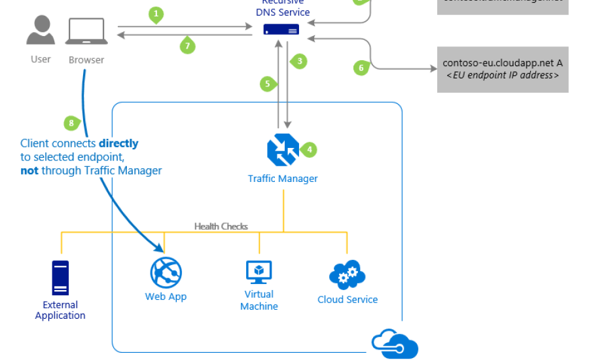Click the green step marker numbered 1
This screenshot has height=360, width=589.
(x=155, y=13)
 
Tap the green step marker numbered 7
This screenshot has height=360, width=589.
(x=188, y=46)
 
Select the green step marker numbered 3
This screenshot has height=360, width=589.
(x=299, y=62)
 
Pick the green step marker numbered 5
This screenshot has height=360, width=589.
(x=266, y=83)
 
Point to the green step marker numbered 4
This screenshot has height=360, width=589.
(x=309, y=149)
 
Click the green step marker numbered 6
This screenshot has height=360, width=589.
(x=361, y=67)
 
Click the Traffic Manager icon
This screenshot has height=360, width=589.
(x=283, y=150)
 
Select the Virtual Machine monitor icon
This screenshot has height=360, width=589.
(x=259, y=272)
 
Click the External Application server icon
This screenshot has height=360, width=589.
(x=60, y=278)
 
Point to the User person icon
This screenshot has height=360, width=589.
(x=41, y=31)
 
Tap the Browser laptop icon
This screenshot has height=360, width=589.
(x=86, y=31)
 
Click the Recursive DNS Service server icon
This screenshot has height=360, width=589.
(x=281, y=29)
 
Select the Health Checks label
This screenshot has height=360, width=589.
(x=221, y=226)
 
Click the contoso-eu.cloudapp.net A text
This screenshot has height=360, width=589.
(x=503, y=63)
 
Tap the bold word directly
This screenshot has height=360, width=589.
(x=118, y=143)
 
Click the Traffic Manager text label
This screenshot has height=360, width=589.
(x=283, y=179)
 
